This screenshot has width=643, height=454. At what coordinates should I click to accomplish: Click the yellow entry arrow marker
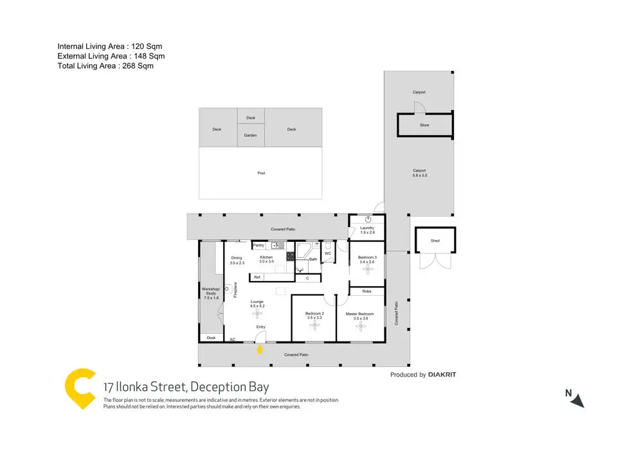click(260, 349)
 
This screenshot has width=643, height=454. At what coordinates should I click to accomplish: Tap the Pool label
click(261, 173)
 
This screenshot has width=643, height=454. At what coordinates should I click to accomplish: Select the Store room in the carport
click(424, 125)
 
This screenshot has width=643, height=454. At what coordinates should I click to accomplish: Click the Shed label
click(435, 241)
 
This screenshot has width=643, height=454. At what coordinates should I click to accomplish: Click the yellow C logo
click(81, 388)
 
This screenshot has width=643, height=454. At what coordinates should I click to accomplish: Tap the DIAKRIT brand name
click(442, 375)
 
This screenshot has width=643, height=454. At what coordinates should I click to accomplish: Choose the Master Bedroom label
click(361, 314)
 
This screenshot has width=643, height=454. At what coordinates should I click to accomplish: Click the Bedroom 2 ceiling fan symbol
click(314, 325)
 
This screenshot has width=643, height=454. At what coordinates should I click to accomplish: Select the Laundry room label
click(367, 228)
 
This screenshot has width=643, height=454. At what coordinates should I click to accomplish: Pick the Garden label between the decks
click(251, 136)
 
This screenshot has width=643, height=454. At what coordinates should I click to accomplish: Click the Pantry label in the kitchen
click(258, 245)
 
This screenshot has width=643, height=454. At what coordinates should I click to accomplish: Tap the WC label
click(327, 253)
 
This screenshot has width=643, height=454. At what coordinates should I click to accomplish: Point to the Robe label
click(367, 291)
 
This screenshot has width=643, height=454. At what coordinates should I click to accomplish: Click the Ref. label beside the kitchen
click(257, 277)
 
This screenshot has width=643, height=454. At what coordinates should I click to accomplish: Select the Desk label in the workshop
click(210, 337)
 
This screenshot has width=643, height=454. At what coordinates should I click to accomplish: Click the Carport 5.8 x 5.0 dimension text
click(419, 173)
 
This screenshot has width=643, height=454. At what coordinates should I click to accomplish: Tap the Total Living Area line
click(105, 66)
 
